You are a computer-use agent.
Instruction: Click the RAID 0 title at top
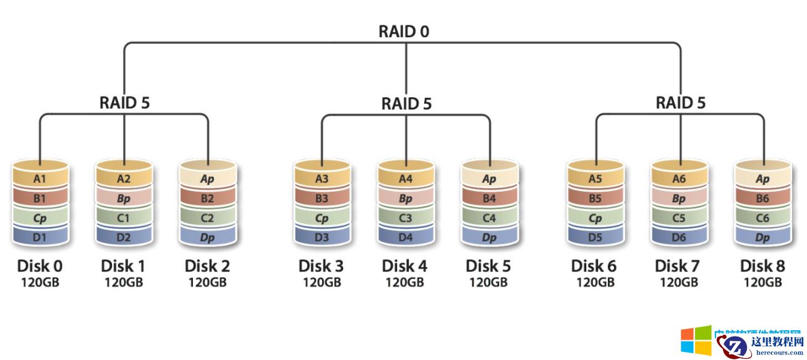pyautogui.click(x=404, y=32)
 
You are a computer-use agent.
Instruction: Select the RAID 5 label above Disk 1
pyautogui.click(x=124, y=102)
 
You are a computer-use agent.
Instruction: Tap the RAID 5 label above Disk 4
pyautogui.click(x=406, y=103)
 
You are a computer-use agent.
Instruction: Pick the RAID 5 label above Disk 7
pyautogui.click(x=680, y=102)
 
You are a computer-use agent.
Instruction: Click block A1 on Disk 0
pyautogui.click(x=40, y=179)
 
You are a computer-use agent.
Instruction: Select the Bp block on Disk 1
pyautogui.click(x=124, y=199)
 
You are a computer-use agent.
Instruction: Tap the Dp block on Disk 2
pyautogui.click(x=208, y=237)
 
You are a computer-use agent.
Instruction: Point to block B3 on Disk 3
pyautogui.click(x=322, y=199)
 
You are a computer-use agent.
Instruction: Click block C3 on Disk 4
pyautogui.click(x=406, y=218)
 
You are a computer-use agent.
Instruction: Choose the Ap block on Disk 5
pyautogui.click(x=489, y=179)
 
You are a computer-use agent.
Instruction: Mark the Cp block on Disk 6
pyautogui.click(x=595, y=218)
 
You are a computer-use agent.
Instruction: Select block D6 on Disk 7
pyautogui.click(x=678, y=237)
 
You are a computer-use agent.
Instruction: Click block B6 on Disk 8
pyautogui.click(x=762, y=199)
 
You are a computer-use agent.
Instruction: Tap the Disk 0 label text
pyautogui.click(x=40, y=267)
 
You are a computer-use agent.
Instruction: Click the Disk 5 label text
pyautogui.click(x=488, y=267)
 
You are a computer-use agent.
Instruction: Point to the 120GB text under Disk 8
pyautogui.click(x=762, y=283)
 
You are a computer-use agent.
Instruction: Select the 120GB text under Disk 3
pyautogui.click(x=322, y=283)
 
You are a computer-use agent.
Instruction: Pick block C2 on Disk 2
pyautogui.click(x=208, y=218)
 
